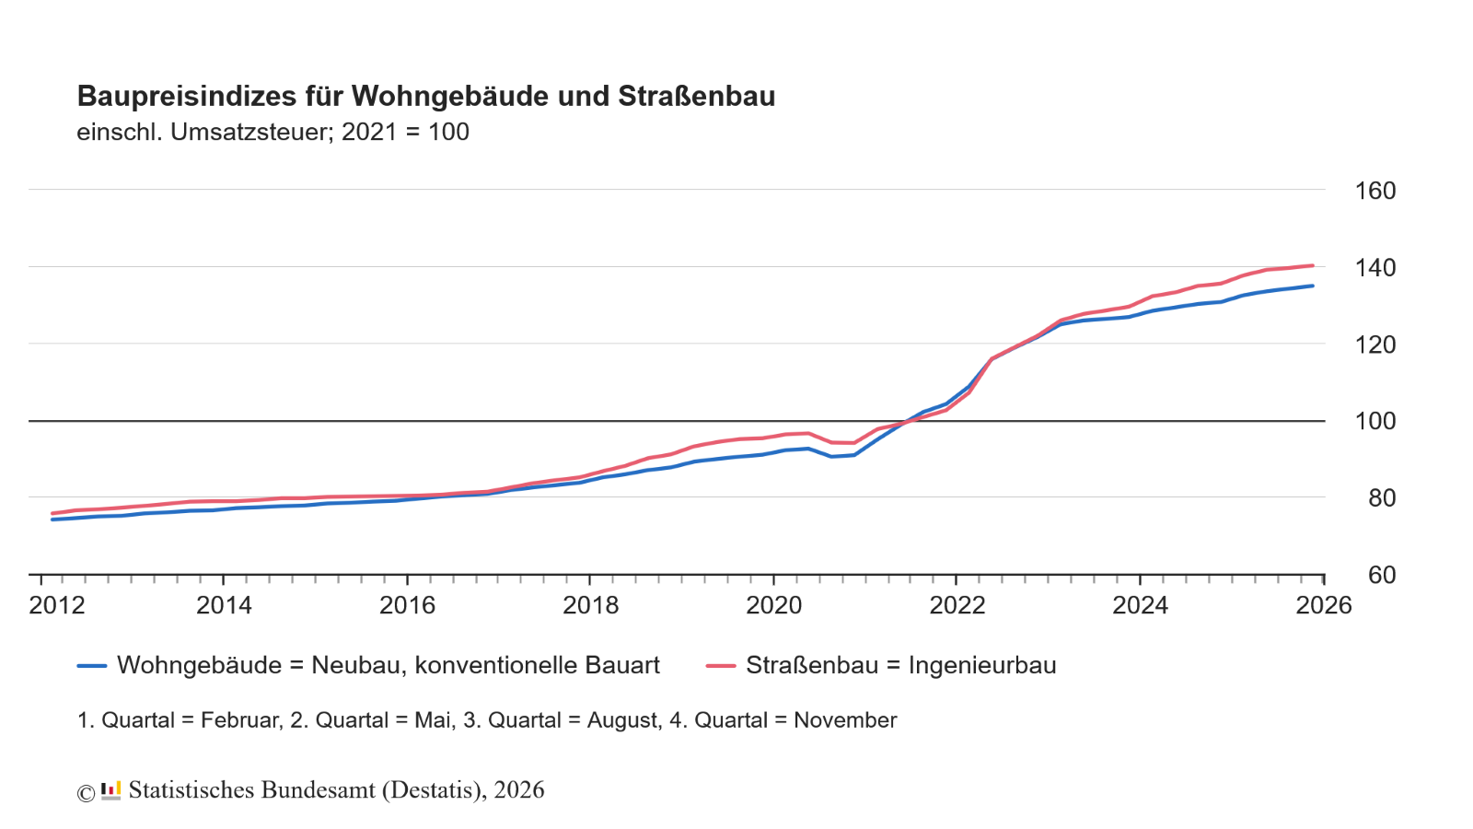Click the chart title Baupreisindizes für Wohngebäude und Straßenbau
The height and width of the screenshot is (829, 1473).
click(425, 96)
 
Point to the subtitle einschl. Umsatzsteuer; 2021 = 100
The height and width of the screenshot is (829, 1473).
click(273, 132)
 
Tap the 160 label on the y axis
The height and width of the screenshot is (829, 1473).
click(1375, 191)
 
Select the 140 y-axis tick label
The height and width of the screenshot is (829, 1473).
click(1375, 268)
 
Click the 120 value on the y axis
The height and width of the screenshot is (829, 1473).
click(1375, 344)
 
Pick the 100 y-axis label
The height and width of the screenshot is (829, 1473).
click(1375, 421)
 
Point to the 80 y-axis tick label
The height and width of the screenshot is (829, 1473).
click(1382, 498)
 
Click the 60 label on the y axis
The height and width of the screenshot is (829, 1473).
click(1382, 575)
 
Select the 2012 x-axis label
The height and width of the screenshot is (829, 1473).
click(57, 605)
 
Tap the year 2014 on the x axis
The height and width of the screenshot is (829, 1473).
click(224, 605)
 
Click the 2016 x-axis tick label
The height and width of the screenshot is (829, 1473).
click(407, 605)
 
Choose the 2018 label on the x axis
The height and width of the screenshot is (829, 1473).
click(590, 605)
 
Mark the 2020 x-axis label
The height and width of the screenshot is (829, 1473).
click(773, 605)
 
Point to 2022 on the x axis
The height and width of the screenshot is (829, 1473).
click(957, 605)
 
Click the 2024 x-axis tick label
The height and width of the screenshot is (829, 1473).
click(1140, 605)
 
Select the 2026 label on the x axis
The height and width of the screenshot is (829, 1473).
click(1324, 605)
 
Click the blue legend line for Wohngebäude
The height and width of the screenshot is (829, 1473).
click(92, 666)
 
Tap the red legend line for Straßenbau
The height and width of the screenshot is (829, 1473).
click(721, 666)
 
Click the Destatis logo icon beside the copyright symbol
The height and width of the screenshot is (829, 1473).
click(110, 790)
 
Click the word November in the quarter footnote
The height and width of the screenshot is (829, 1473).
click(845, 720)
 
